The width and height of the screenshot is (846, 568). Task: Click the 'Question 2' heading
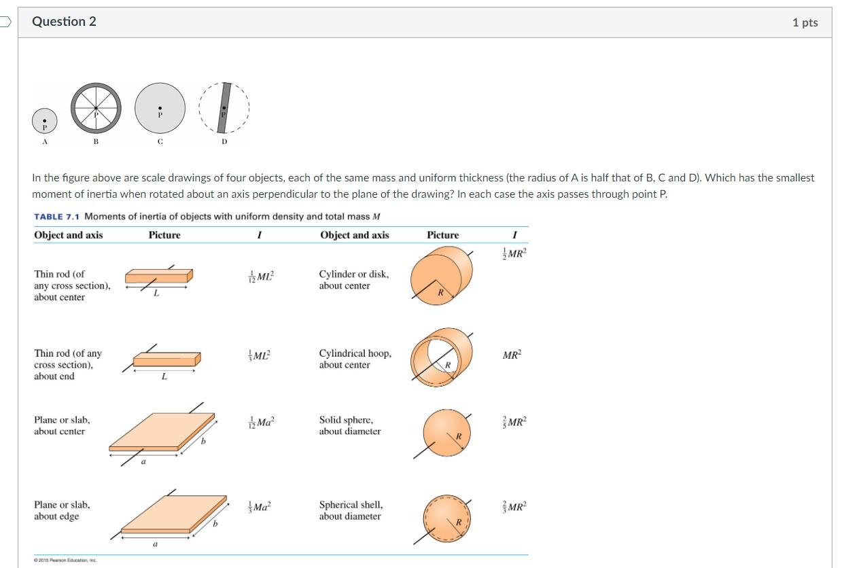65,22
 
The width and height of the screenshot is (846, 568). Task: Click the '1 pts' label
805,22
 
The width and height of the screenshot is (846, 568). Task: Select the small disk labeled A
45,122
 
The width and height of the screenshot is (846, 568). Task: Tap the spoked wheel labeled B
96,108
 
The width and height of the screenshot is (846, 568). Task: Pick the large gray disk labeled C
160,110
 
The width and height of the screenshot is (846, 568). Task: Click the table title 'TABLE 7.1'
57,217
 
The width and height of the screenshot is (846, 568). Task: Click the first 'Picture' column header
164,235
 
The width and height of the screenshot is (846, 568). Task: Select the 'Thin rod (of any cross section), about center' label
71,285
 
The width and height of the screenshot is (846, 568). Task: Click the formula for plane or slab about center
261,422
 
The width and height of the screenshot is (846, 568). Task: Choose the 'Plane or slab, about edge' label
62,510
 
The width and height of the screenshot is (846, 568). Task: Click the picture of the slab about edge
173,514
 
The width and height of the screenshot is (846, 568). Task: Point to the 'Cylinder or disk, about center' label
354,280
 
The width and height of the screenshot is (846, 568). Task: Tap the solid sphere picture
446,431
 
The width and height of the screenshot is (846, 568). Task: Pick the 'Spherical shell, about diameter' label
351,510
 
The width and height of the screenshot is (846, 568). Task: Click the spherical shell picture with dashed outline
446,518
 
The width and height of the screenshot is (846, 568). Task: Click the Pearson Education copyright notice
66,561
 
